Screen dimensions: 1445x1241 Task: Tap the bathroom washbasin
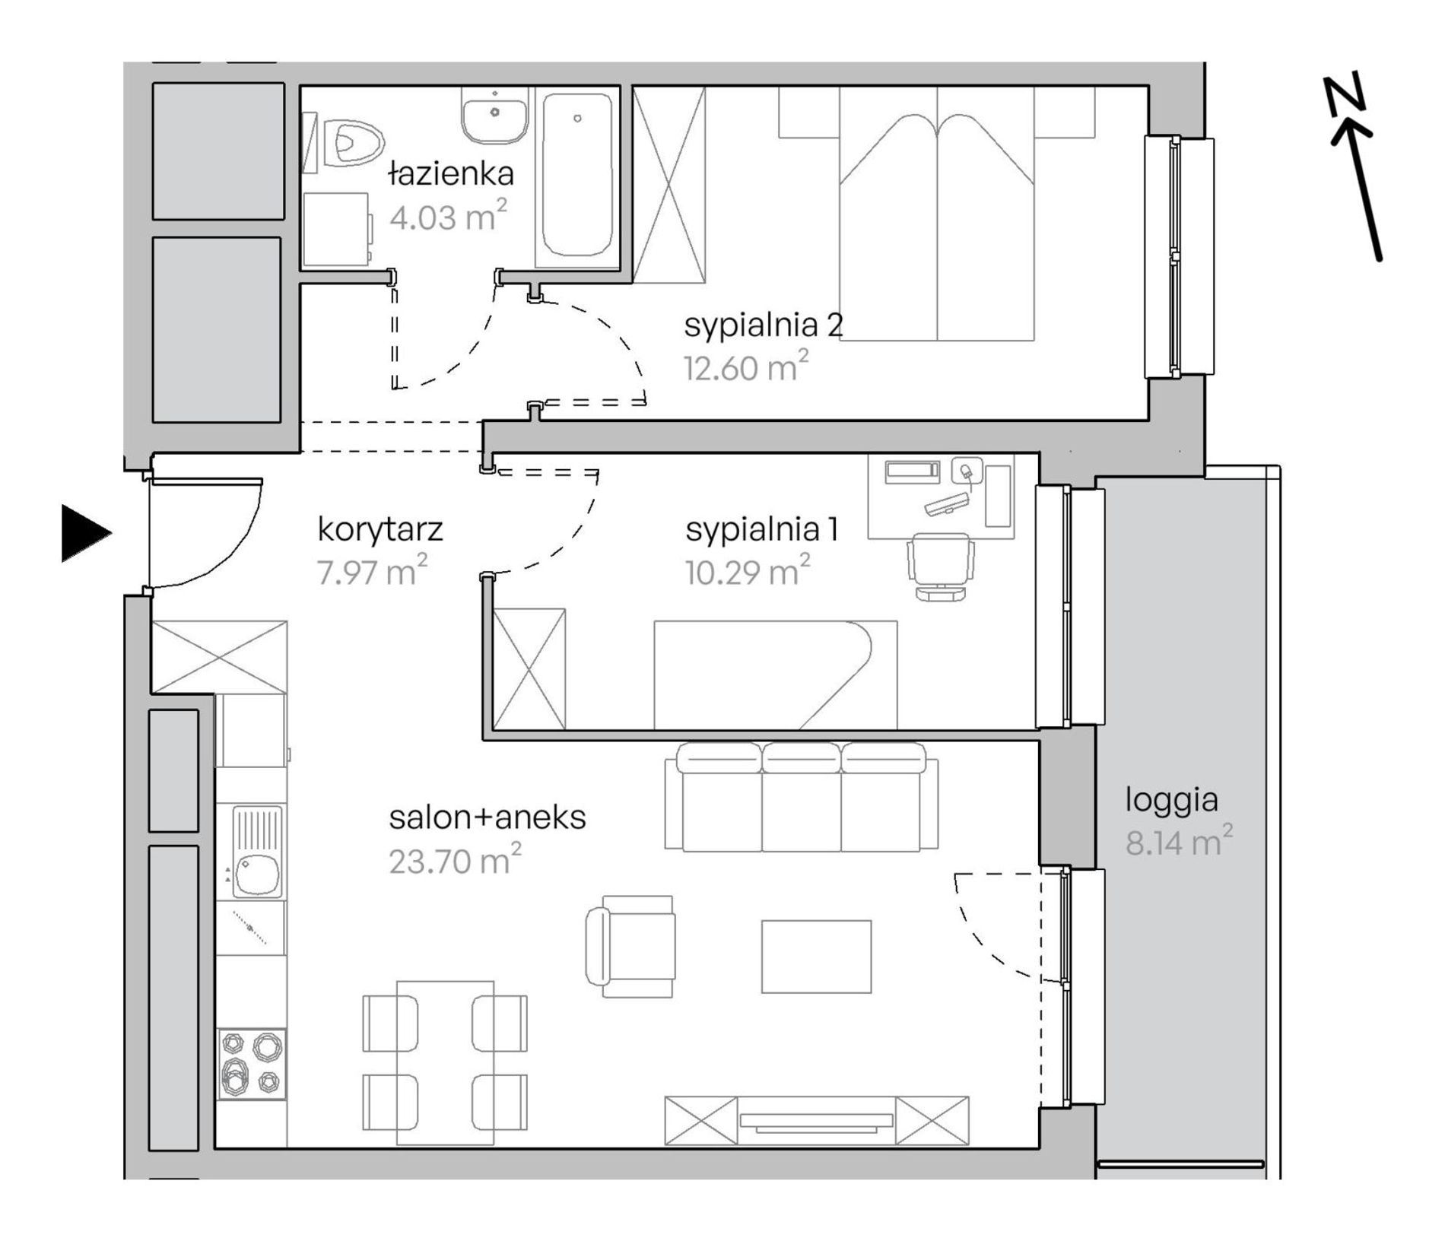coord(494,114)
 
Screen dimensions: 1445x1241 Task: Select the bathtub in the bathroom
coord(577,176)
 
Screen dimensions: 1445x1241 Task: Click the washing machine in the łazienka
coord(337,228)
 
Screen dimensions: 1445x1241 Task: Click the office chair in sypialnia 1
coord(941,567)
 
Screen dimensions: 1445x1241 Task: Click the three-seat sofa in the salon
coord(802,797)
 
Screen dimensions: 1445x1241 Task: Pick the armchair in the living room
coord(630,946)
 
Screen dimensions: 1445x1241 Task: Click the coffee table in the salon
coord(817,956)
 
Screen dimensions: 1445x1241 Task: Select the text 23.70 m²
coord(455,859)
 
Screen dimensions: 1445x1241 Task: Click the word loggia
coord(1171,801)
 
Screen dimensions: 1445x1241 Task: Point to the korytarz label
coord(380,529)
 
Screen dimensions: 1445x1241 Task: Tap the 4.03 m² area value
coord(448,216)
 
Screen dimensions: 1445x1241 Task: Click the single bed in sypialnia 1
coord(775,675)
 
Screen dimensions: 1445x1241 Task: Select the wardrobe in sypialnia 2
coord(669,184)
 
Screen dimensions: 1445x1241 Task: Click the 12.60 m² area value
coord(745,367)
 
